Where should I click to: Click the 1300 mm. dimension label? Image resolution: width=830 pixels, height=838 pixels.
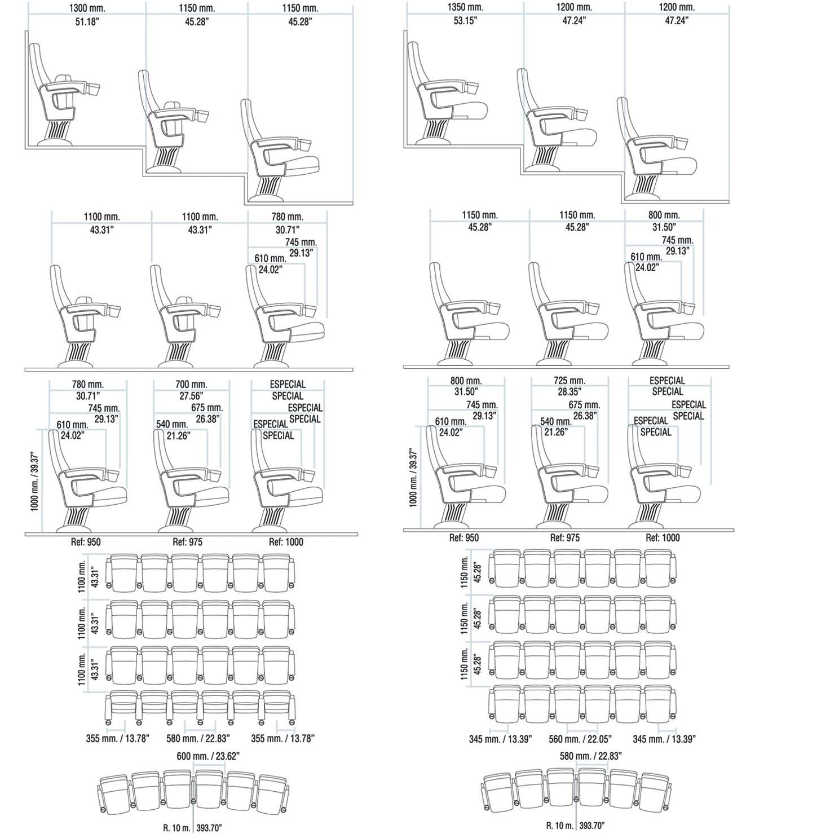coord(87,8)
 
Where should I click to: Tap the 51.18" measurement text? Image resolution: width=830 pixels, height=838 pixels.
coord(87,21)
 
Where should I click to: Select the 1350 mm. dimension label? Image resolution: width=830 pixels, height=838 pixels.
coord(465,7)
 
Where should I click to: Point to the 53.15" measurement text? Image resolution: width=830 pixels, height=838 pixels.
coord(465,21)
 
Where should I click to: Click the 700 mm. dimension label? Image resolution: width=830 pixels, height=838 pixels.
coord(191,384)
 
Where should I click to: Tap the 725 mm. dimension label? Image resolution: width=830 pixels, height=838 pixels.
coord(569,381)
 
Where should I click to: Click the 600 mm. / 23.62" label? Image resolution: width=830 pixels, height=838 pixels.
coord(208,756)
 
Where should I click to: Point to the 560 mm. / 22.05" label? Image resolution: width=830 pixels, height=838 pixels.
coord(580,739)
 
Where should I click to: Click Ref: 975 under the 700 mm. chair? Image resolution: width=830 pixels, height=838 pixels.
coord(187,542)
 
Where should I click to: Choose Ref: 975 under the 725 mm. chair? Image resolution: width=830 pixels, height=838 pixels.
coord(565,538)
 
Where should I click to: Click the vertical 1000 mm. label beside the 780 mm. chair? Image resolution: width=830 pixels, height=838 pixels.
coord(35,481)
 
